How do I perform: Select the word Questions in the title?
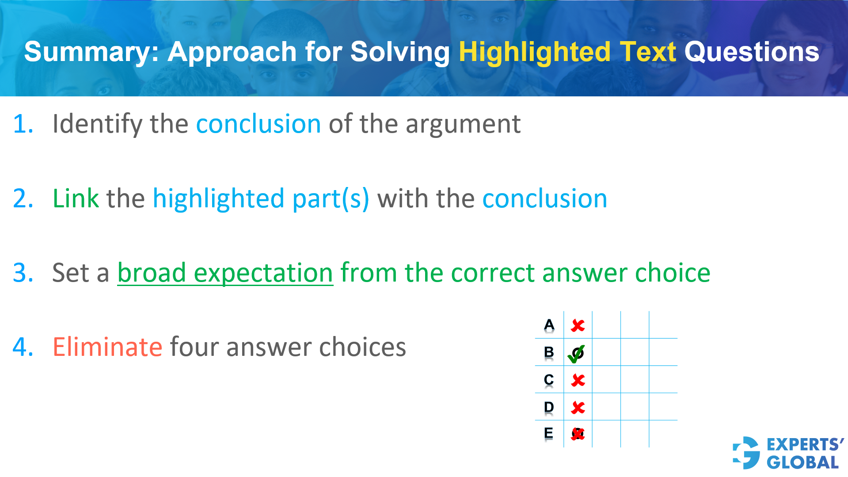(752, 52)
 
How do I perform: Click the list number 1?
(23, 124)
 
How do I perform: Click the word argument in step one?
(463, 124)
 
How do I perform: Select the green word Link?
(76, 198)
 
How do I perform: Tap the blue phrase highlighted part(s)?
(261, 198)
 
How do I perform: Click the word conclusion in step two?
(544, 198)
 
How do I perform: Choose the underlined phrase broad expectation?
(225, 273)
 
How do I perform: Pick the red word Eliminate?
(107, 347)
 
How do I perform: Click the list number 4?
(23, 347)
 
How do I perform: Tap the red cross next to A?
(578, 326)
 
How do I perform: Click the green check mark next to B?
(576, 354)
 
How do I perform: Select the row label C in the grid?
(549, 380)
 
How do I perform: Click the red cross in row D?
(578, 408)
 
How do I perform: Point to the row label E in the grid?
(549, 433)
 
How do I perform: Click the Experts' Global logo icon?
(746, 453)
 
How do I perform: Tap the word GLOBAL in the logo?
(802, 462)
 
